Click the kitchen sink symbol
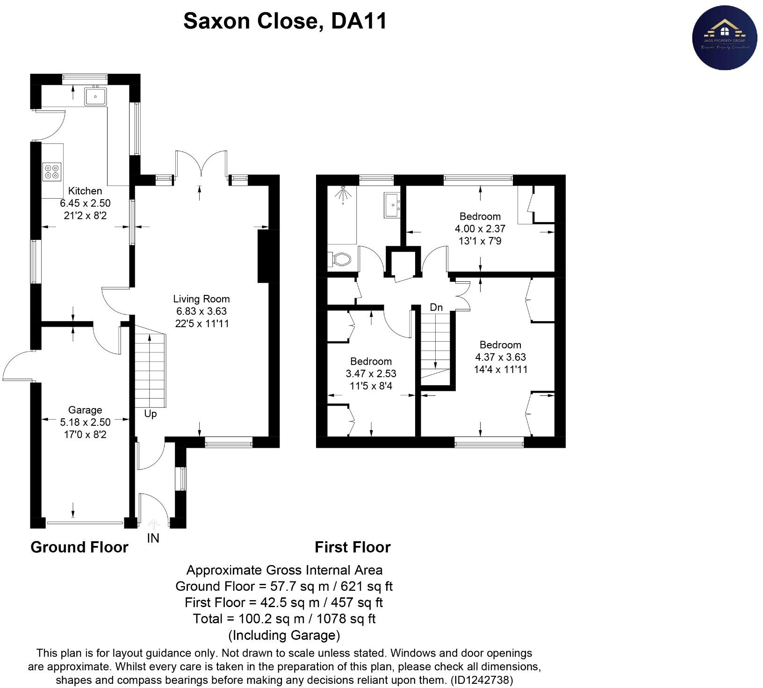95,97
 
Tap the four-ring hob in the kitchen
52,171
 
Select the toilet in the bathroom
340,258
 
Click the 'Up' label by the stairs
150,414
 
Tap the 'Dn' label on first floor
436,308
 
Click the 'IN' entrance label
153,538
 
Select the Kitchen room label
85,191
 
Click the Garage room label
85,410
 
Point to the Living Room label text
202,299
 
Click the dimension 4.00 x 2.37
480,229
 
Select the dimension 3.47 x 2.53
371,374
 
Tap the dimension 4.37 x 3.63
500,357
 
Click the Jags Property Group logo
724,38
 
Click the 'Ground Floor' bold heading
79,547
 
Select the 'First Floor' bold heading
353,547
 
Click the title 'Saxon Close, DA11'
285,21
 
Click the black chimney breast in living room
263,256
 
